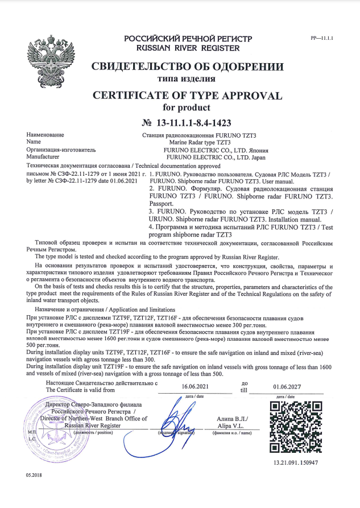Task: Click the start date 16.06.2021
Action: click(194, 386)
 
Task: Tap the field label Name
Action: click(34, 142)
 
